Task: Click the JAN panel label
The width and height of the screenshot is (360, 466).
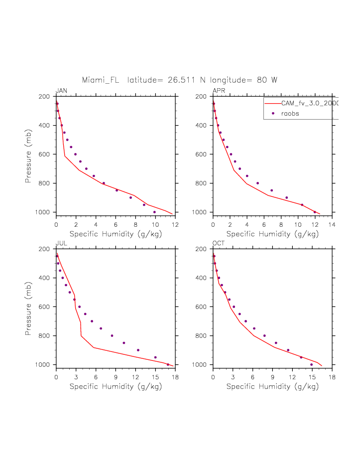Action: coord(61,90)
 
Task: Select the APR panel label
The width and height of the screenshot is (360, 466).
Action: coord(219,90)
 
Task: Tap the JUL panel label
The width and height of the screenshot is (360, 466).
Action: coord(61,243)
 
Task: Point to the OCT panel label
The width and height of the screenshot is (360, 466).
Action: coord(219,243)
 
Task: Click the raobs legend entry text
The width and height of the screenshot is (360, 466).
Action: coord(290,114)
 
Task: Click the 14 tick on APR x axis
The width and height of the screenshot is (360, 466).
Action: coord(332,225)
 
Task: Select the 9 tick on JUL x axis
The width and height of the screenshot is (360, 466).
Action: coord(116,377)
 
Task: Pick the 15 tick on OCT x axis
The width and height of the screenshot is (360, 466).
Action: coord(312,377)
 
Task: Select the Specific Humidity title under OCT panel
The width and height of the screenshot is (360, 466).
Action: coord(272,386)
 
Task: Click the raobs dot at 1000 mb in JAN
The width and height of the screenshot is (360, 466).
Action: coord(154,212)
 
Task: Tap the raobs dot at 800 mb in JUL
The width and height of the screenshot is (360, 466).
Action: coord(112,335)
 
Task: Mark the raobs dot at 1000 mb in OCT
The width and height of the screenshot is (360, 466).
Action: coord(312,364)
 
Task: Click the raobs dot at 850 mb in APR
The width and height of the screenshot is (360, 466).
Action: coord(271,190)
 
